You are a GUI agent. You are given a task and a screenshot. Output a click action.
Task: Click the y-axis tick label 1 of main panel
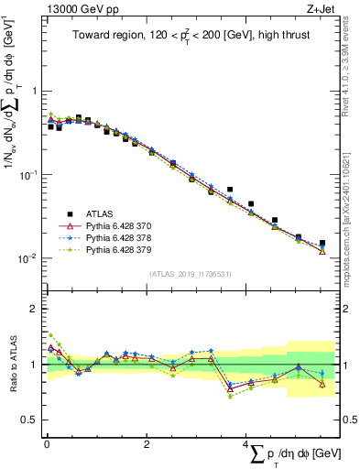coord(34,92)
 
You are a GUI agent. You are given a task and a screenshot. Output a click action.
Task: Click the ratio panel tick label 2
coord(34,309)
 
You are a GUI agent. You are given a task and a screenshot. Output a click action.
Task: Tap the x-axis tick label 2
coord(147,444)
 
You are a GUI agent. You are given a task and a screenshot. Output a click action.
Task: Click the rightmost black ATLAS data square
coord(322,243)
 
